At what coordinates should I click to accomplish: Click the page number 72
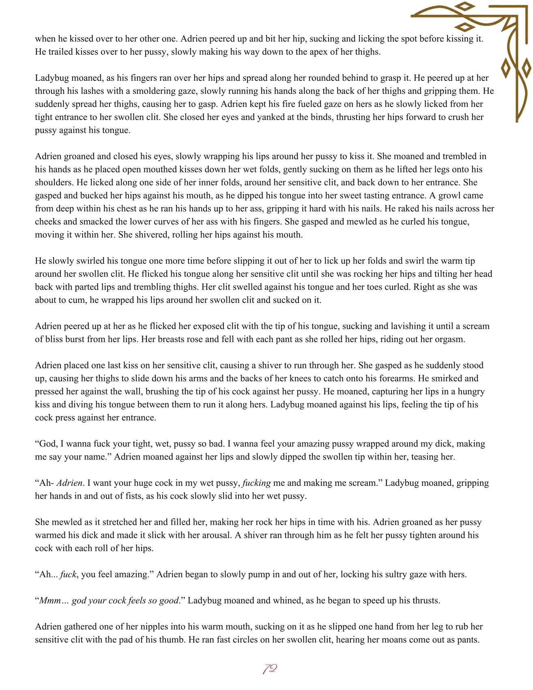point(270,668)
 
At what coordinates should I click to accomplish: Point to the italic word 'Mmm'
point(50,601)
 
